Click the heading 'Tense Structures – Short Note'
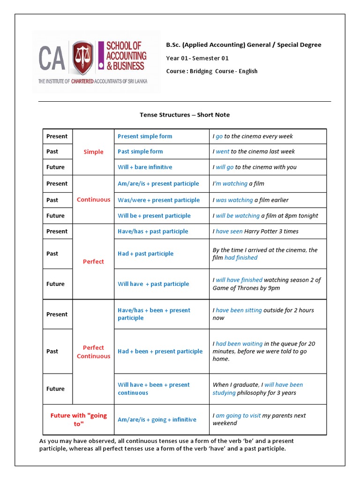click(x=185, y=115)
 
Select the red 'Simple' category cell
click(x=93, y=152)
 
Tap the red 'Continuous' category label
click(x=93, y=200)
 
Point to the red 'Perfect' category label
click(x=93, y=262)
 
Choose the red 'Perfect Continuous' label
click(x=93, y=352)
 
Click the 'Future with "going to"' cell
click(x=78, y=419)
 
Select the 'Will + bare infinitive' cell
click(x=145, y=167)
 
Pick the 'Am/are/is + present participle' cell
click(x=158, y=184)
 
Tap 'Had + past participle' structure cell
click(x=145, y=254)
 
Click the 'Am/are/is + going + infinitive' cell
click(x=157, y=420)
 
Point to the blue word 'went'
click(x=223, y=151)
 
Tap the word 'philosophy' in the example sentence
click(x=253, y=393)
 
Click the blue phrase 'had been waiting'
click(x=239, y=344)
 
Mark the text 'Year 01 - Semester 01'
click(x=197, y=58)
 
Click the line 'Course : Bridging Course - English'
click(x=212, y=71)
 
